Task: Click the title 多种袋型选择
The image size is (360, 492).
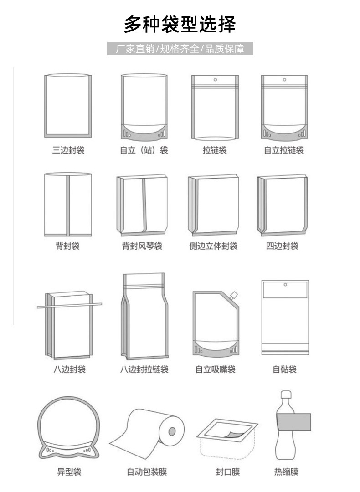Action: [x=180, y=24]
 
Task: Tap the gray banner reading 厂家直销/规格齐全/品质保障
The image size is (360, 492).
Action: [x=180, y=49]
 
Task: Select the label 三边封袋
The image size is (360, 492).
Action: [x=68, y=150]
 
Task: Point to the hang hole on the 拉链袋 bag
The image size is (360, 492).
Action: [x=215, y=80]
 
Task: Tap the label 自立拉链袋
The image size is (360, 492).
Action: [x=284, y=150]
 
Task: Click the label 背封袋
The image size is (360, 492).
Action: [x=68, y=246]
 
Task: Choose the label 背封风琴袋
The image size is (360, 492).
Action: [x=142, y=246]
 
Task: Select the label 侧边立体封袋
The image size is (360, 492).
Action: [x=213, y=246]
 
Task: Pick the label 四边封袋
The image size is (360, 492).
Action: [x=282, y=246]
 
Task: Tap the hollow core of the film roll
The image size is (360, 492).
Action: [x=172, y=430]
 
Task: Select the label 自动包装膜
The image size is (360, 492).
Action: [x=147, y=471]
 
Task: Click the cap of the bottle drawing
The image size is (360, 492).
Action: [x=286, y=395]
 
